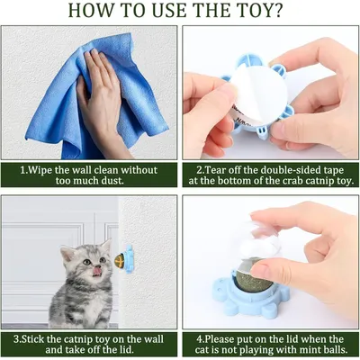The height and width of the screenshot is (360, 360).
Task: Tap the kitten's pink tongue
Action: [96, 271]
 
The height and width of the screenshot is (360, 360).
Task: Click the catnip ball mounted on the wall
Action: [120, 260]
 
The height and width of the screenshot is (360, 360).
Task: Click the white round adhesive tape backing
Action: [258, 93]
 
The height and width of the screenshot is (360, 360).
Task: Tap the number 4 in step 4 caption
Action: [200, 339]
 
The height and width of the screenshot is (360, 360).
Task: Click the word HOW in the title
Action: [89, 10]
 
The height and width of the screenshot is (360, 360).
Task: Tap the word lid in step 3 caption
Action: [125, 350]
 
